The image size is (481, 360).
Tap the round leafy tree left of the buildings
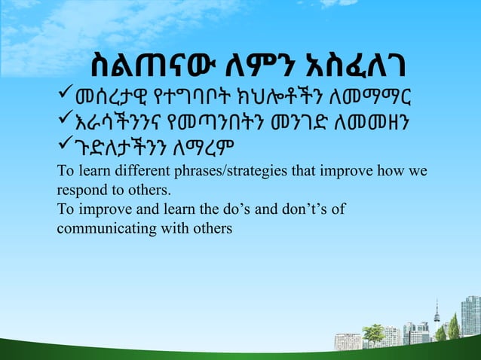click(372, 331)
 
